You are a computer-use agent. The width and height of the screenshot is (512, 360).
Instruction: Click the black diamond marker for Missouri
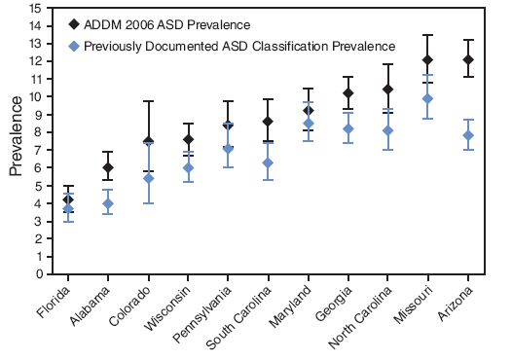tap(427, 60)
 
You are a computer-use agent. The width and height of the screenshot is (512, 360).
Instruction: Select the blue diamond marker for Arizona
tap(468, 135)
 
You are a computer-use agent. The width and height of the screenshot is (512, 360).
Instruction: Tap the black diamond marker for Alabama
tap(108, 167)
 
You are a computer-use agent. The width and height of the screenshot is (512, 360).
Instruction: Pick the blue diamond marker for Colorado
tap(148, 178)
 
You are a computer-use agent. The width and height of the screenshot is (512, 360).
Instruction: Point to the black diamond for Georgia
tap(347, 93)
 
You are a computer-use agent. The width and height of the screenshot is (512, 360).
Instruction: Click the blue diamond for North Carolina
tap(387, 130)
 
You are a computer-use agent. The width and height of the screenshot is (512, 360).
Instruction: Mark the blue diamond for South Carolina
tap(268, 162)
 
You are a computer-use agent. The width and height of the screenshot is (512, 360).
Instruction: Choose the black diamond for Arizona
tap(468, 60)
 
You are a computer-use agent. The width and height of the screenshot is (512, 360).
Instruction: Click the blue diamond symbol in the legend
tap(76, 46)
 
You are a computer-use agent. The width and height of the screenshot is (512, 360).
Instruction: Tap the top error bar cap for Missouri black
tap(427, 35)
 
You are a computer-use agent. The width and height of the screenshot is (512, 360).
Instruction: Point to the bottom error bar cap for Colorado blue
tap(148, 203)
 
